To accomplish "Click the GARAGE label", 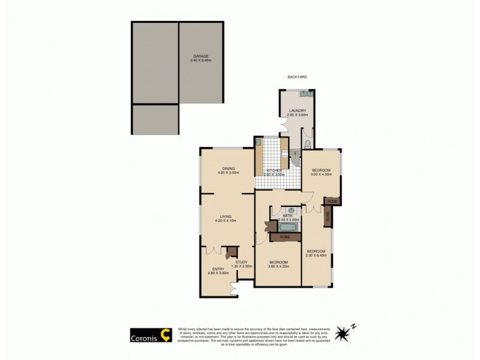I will (x=200, y=56).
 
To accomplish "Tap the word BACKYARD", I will (x=298, y=77).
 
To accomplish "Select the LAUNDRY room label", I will (x=298, y=110).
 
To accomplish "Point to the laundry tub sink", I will (x=304, y=94).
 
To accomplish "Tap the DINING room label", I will (x=228, y=169).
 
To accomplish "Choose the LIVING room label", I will (x=226, y=217).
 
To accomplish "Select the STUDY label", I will (x=241, y=262).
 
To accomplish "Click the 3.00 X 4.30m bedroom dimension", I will (x=321, y=174).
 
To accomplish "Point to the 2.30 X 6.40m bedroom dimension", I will (x=316, y=255).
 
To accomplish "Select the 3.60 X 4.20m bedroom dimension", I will (x=279, y=266).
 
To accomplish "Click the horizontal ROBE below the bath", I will (x=285, y=237).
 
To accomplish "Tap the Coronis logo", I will (x=152, y=335).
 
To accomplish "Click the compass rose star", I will (x=343, y=332).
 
